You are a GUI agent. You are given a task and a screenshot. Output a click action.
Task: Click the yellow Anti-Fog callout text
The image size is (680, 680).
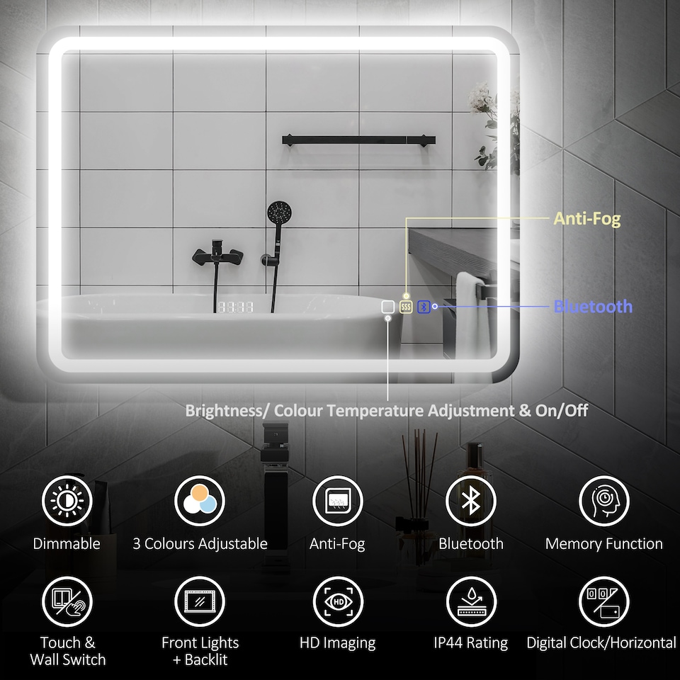click(x=586, y=219)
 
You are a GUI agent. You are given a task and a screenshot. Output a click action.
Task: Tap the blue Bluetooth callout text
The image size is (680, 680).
click(x=593, y=307)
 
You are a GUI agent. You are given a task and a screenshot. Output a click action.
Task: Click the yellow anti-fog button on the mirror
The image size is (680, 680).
click(x=406, y=307)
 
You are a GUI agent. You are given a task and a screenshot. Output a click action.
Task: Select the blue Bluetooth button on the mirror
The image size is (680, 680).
click(x=424, y=307)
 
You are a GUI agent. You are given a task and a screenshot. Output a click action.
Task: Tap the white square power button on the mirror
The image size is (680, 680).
click(x=387, y=307)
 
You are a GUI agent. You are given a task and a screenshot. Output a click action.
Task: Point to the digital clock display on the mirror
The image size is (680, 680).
click(x=235, y=308)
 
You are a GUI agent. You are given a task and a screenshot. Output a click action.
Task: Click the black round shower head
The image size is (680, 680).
click(x=278, y=212)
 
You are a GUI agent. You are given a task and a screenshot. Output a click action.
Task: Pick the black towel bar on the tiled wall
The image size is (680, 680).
click(x=358, y=140)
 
